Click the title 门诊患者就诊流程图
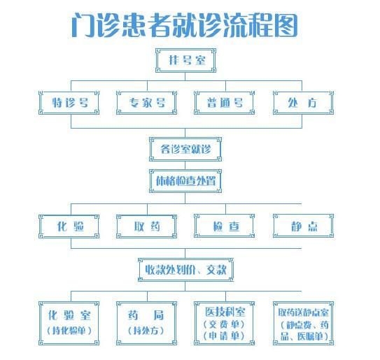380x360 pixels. tap(185, 25)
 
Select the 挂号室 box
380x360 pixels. tap(185, 61)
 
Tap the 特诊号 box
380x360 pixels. tap(69, 103)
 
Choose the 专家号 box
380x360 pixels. tap(147, 103)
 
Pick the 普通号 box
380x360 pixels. tap(225, 103)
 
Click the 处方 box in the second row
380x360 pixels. tap(303, 103)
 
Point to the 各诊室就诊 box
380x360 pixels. tap(185, 149)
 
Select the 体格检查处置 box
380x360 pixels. tap(185, 181)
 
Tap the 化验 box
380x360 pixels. tap(69, 226)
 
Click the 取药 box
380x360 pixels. tap(147, 226)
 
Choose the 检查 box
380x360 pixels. tap(225, 226)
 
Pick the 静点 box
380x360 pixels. tap(303, 226)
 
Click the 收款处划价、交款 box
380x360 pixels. tap(185, 270)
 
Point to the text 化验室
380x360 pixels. tap(69, 315)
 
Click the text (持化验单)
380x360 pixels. tap(69, 330)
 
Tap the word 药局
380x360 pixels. tap(146, 315)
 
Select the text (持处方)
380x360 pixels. tap(146, 330)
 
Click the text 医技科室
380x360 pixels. tap(225, 312)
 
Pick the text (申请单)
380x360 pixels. tap(224, 336)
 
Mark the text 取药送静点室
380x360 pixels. tap(304, 312)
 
